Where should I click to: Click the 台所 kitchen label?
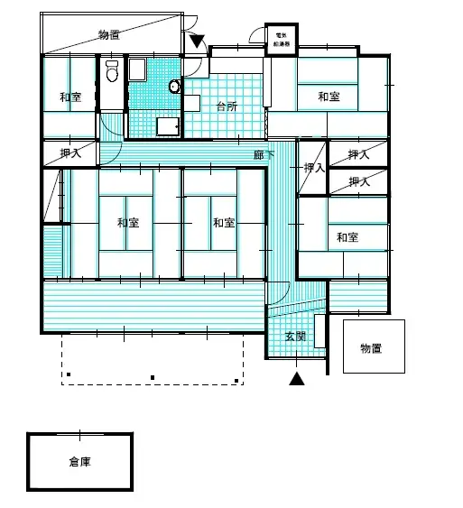point(227,106)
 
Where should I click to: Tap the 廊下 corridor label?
point(265,156)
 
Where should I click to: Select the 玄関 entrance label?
point(295,337)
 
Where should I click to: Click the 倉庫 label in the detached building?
point(80,462)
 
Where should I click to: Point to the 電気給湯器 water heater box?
point(280,38)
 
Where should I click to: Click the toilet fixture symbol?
point(112,71)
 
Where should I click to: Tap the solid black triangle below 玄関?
point(296,379)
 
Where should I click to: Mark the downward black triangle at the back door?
point(198,42)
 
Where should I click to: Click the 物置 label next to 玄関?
point(372,347)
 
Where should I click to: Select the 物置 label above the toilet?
point(110,35)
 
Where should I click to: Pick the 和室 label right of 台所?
point(328,97)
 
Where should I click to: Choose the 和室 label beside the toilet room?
point(70,97)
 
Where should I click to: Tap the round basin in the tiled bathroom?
point(174,87)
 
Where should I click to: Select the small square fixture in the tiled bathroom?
point(167,126)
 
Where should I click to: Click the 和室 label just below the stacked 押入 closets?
point(347,237)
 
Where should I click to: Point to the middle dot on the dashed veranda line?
point(152,377)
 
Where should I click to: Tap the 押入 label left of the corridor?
point(70,154)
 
